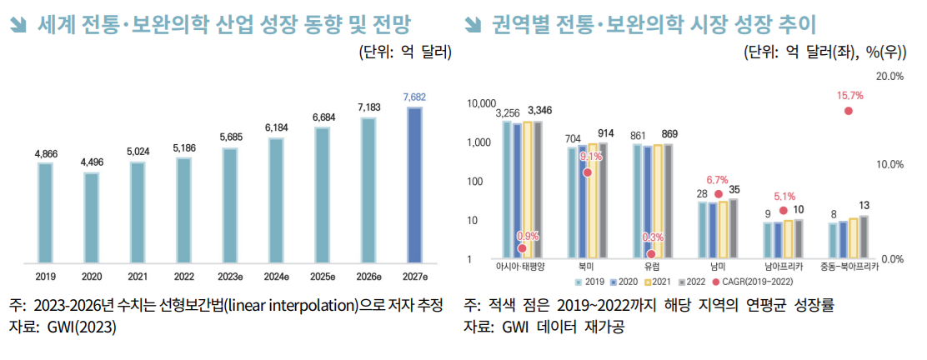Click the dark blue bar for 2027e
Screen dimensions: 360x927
point(414,183)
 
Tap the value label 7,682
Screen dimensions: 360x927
point(414,97)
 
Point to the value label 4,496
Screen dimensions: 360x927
point(91,162)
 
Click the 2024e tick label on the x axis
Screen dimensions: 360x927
point(275,276)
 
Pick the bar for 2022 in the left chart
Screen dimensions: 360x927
point(183,208)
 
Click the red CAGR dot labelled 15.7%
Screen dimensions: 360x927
point(849,111)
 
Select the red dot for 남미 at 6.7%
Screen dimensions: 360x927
point(718,193)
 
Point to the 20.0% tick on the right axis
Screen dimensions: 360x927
point(890,77)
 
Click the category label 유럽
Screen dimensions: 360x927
point(653,267)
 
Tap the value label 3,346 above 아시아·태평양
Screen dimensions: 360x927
point(539,111)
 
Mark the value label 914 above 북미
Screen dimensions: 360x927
point(606,133)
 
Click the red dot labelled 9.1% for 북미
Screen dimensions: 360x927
point(588,172)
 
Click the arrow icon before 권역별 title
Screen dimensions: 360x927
point(474,25)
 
